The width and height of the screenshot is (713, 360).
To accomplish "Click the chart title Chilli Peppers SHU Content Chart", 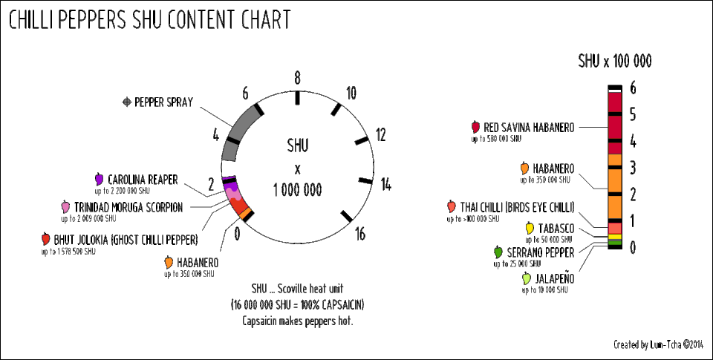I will point(149,21).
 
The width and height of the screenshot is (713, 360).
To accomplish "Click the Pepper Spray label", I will point(163,102).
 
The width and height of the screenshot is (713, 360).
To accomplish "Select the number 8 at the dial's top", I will point(297,79).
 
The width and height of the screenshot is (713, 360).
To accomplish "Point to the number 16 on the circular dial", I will point(360,235).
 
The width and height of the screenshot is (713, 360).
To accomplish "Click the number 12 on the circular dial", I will point(381,135).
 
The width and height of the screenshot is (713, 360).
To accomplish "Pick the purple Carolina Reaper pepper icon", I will point(99,179).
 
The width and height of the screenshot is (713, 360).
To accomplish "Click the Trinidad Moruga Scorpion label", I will point(128,207).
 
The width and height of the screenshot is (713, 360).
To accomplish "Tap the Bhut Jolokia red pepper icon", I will point(46,239).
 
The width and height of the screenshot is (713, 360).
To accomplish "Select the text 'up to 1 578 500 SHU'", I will point(68,252).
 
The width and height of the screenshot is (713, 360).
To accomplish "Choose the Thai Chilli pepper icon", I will point(451,206).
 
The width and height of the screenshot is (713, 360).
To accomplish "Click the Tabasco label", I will point(554,228).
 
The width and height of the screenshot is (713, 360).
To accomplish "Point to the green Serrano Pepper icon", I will point(498,252).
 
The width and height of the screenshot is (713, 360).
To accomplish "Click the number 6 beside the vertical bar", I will point(633,88).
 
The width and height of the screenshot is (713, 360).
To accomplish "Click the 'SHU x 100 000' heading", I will point(615,61).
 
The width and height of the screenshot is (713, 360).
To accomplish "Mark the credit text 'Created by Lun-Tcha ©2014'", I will point(658,344).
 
